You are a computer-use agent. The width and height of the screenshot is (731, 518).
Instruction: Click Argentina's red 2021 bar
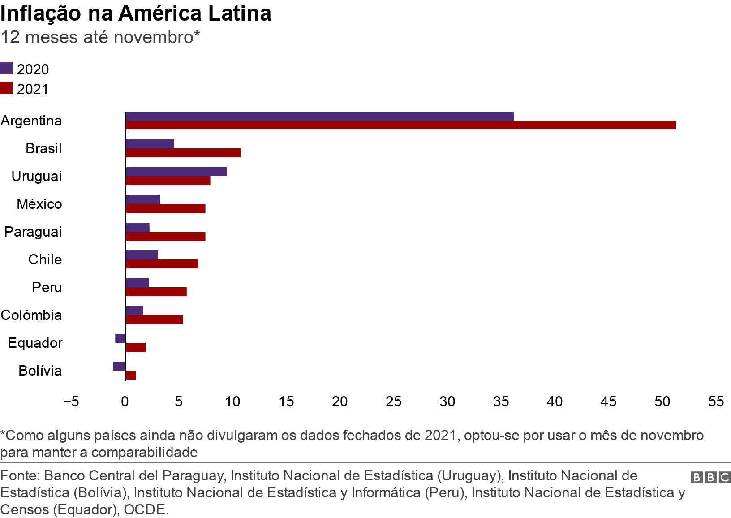[401, 125]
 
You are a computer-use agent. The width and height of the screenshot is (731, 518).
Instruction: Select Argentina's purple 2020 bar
[320, 117]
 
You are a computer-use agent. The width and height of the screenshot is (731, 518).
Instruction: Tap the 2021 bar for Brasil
[183, 153]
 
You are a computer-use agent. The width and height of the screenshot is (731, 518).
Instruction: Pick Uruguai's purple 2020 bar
[176, 172]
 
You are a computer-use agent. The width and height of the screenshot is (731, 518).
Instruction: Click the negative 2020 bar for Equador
[120, 338]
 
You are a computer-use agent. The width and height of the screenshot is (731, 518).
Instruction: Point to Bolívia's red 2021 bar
[131, 375]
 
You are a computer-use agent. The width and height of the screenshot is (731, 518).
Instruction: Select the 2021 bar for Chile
[162, 264]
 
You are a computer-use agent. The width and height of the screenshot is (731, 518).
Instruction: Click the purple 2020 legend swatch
[6, 69]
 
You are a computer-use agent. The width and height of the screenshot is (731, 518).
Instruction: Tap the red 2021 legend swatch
[6, 88]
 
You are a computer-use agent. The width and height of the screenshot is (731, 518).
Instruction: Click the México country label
[39, 204]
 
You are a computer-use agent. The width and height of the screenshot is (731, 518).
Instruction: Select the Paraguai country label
[33, 232]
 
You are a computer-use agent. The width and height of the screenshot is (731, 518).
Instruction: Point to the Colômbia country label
[31, 315]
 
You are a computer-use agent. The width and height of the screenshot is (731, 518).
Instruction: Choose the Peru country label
[47, 288]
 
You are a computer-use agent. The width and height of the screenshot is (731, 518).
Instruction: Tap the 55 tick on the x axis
[716, 402]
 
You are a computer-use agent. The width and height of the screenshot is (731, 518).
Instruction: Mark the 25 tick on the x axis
[393, 402]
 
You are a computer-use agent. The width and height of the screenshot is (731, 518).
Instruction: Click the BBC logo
[710, 477]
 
